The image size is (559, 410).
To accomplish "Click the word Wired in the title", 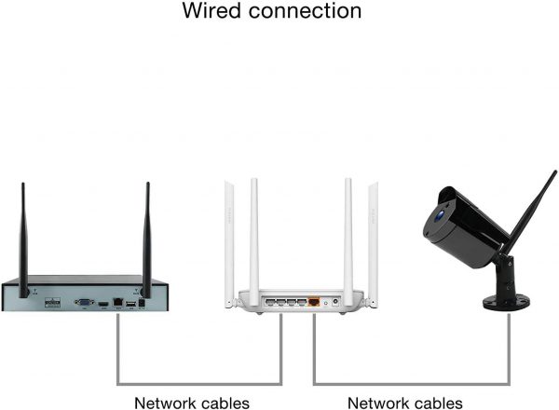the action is click(x=212, y=10).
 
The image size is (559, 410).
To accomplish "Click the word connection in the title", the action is click(x=306, y=11).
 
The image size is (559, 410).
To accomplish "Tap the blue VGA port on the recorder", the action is click(x=84, y=302).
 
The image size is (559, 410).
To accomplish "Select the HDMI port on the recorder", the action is click(x=103, y=304).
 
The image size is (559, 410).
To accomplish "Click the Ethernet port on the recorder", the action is click(x=118, y=302).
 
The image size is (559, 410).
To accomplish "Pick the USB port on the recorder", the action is click(x=130, y=304).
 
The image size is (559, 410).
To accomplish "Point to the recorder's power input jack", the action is click(x=142, y=303).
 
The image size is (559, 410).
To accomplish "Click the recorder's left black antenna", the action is click(x=23, y=239).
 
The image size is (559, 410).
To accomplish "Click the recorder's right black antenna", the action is click(x=147, y=239).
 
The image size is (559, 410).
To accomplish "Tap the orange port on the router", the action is click(x=314, y=302).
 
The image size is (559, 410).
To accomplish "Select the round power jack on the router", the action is click(x=335, y=302).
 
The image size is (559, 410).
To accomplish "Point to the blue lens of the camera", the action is click(x=441, y=215).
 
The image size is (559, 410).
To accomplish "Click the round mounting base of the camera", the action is click(x=506, y=302).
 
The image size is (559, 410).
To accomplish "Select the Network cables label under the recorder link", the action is click(x=192, y=403).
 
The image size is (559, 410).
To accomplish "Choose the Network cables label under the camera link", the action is click(x=405, y=403).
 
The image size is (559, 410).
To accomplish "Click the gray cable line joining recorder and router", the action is click(x=199, y=384).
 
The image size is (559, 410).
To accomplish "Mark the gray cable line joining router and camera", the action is click(x=412, y=384).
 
